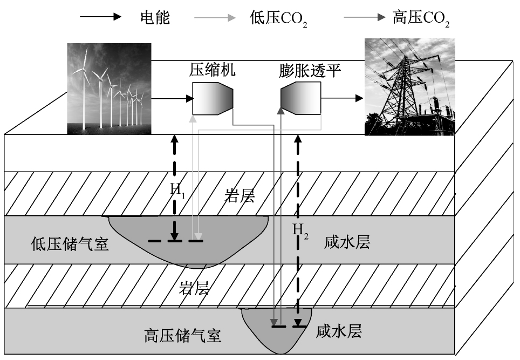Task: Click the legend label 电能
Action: click(x=152, y=18)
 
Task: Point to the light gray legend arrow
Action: click(x=215, y=18)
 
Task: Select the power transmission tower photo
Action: click(x=409, y=87)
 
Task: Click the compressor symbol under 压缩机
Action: click(x=212, y=99)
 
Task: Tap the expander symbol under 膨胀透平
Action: click(x=300, y=99)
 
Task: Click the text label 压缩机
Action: click(x=213, y=70)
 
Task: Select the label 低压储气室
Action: click(x=70, y=244)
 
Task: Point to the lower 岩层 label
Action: click(x=194, y=287)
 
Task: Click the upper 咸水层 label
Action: click(x=348, y=242)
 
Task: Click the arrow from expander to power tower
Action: click(x=342, y=98)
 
